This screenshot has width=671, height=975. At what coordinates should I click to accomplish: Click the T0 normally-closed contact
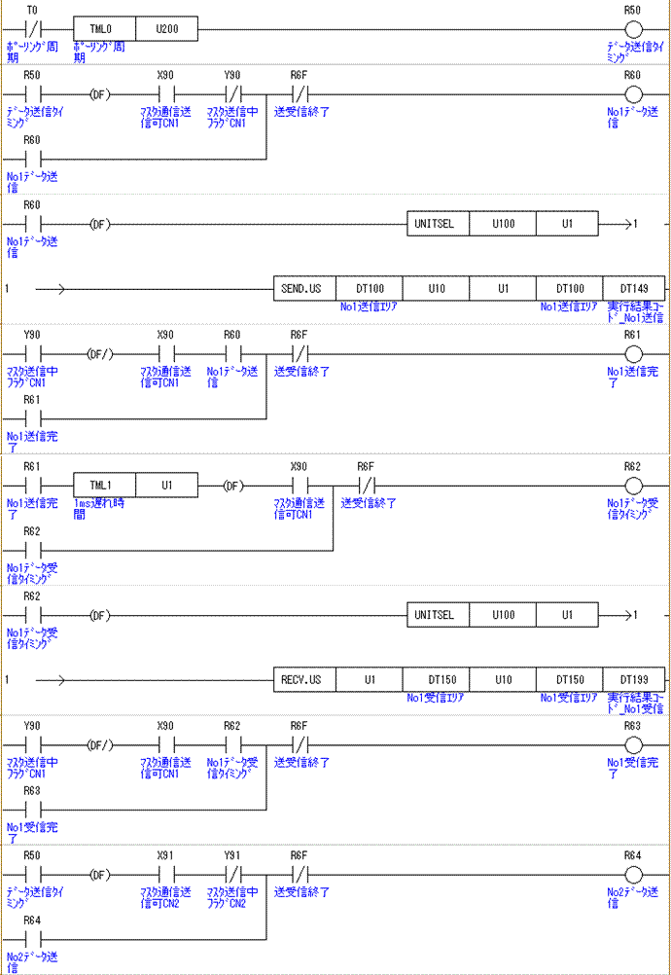(x=32, y=30)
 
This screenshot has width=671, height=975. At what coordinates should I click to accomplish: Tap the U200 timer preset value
(x=166, y=30)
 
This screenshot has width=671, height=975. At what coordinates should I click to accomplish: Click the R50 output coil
(x=633, y=30)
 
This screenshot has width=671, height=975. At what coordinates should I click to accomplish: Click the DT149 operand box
(x=633, y=289)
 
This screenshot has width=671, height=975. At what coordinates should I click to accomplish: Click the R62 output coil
(x=633, y=485)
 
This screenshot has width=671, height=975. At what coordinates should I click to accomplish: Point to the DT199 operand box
(x=633, y=679)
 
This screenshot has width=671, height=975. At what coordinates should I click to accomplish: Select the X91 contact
(x=164, y=875)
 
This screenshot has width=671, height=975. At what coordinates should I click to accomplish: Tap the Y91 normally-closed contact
(x=231, y=875)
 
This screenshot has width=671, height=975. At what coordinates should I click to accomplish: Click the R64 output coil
(x=633, y=875)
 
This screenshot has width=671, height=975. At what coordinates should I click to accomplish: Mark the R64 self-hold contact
(x=32, y=939)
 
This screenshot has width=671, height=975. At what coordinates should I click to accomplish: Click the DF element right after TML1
(x=231, y=485)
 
